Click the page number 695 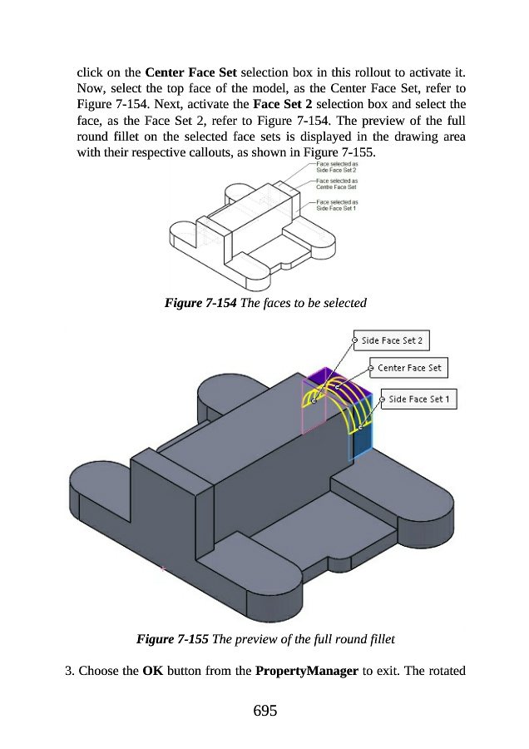(265, 711)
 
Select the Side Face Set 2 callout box (391, 340)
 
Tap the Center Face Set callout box (408, 368)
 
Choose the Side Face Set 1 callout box (418, 399)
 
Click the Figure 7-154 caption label (200, 303)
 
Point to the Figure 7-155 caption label (172, 639)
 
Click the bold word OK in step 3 (153, 671)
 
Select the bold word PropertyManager (307, 671)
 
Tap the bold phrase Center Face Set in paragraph (190, 72)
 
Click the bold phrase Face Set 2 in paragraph (282, 104)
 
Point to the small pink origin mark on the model (163, 569)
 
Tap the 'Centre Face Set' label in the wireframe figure (337, 184)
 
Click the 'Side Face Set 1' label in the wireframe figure (337, 205)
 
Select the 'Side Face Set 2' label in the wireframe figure (337, 166)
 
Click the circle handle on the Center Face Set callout (371, 368)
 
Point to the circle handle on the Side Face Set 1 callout (382, 399)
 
